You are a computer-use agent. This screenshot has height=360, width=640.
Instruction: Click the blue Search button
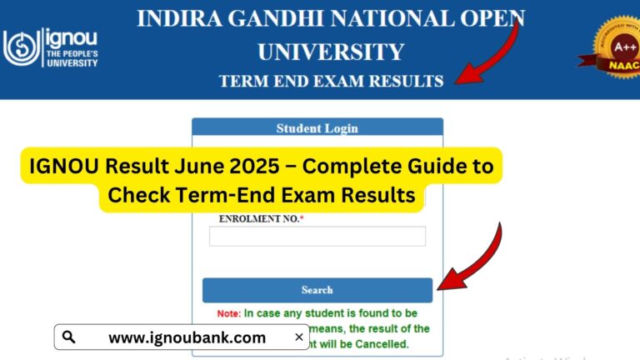click(317, 290)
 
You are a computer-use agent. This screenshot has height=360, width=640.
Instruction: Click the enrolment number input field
click(317, 236)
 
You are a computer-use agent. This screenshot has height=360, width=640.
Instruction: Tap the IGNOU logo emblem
click(20, 47)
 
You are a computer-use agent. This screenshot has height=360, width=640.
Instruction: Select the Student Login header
click(317, 128)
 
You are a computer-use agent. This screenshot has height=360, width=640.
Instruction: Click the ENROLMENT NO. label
click(260, 218)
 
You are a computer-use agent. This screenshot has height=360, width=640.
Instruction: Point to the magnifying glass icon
click(69, 337)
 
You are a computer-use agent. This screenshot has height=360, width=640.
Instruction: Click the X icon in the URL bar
click(299, 337)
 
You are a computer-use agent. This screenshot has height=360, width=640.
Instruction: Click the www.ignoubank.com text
click(187, 337)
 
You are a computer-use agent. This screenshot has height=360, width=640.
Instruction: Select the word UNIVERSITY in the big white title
click(332, 52)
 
